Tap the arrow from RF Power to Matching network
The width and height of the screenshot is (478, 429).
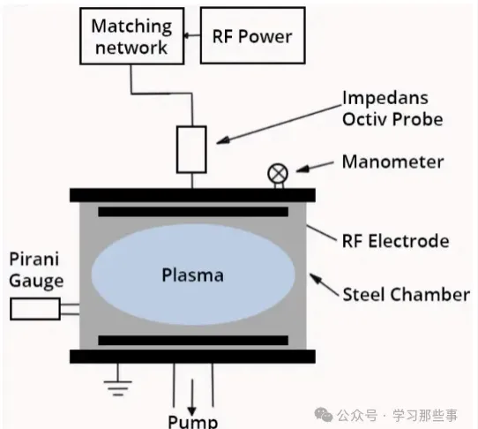192,35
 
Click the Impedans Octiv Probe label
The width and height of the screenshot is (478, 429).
392,109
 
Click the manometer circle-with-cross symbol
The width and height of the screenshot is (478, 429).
278,173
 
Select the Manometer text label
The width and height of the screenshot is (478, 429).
392,162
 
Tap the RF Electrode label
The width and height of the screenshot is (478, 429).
395,241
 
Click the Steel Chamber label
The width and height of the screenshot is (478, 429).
406,295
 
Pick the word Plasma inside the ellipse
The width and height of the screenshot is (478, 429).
192,275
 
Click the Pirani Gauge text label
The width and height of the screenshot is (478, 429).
36,269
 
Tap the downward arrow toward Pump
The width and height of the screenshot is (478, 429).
191,397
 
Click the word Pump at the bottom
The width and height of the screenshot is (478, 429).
193,421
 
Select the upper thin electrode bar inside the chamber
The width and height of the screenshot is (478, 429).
193,212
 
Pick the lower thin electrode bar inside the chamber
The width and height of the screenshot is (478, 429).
193,340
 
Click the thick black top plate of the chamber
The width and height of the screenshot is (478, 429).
192,195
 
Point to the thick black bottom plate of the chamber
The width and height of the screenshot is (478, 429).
192,357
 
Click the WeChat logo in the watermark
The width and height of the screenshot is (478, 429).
324,415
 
